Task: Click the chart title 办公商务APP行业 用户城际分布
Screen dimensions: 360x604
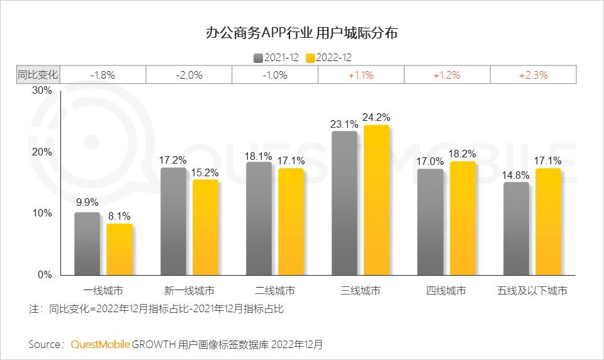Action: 301,33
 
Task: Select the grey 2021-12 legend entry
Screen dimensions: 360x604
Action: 276,58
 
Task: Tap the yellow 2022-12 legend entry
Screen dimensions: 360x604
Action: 328,58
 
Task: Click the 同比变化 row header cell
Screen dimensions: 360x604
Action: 37,74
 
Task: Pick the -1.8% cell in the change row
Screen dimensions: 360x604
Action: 103,74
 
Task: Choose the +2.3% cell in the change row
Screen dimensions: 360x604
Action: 533,74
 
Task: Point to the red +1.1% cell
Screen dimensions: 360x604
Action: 361,74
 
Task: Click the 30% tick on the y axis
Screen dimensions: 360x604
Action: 42,91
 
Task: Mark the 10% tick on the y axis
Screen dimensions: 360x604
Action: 42,213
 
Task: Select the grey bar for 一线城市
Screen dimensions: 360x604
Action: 87,244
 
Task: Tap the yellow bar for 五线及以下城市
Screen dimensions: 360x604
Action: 548,222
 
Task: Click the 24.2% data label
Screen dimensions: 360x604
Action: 377,116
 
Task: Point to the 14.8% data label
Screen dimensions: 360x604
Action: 516,174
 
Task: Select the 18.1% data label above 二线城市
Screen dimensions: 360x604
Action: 259,154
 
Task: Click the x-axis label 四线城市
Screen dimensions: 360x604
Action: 446,291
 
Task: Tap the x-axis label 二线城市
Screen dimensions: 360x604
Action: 275,291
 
